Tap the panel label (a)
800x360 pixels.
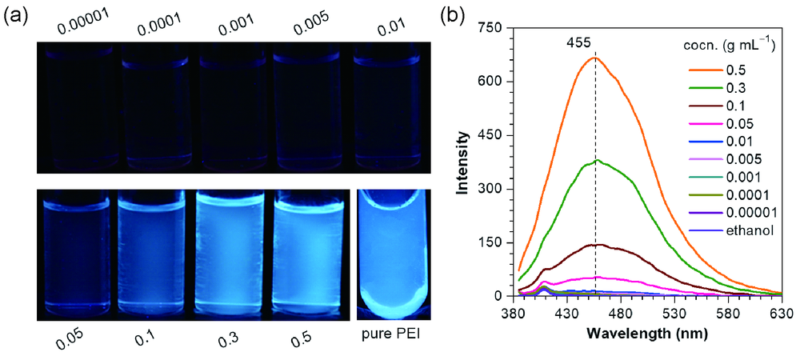[x=18, y=15]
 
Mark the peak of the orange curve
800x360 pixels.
[x=594, y=58]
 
